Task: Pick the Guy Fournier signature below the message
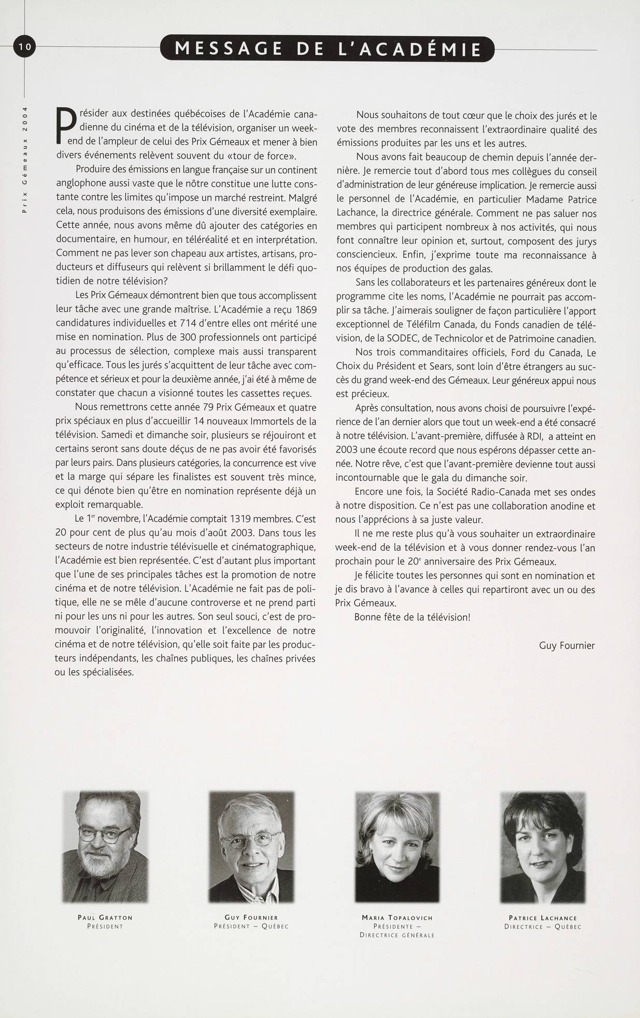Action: [x=567, y=645]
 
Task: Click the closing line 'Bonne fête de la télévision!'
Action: [x=412, y=617]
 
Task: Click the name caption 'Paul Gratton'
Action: [x=105, y=917]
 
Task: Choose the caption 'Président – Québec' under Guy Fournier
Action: [x=251, y=926]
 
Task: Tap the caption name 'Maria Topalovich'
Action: [x=397, y=917]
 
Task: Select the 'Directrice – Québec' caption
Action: [x=543, y=926]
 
